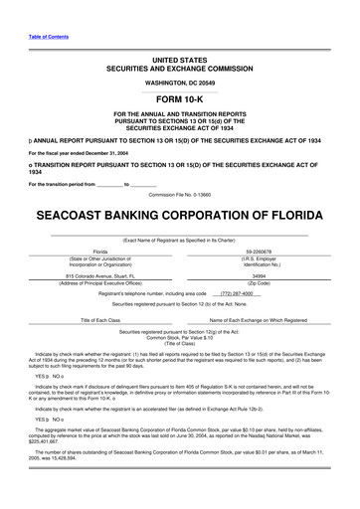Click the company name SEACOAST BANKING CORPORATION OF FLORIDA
point(179,216)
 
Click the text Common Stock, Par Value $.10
point(179,338)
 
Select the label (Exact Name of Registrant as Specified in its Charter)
point(179,240)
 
